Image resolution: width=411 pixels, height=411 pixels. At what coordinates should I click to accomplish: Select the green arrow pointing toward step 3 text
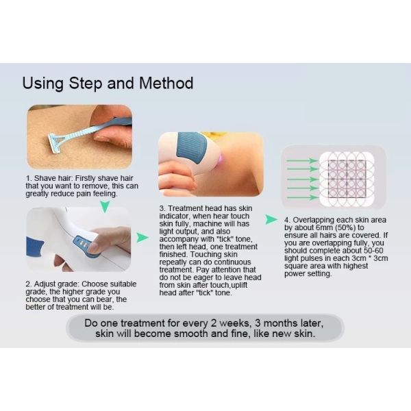click(x=142, y=237)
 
